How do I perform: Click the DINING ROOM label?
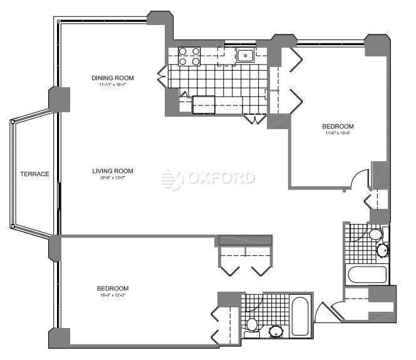click(x=113, y=78)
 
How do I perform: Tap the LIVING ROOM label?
click(x=113, y=171)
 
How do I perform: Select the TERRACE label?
click(x=34, y=174)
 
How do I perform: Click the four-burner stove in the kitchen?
click(x=189, y=56)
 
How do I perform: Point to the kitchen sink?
click(x=244, y=56)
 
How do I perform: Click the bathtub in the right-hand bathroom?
click(x=367, y=275)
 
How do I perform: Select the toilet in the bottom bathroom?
click(x=252, y=324)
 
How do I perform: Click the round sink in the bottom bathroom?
click(x=275, y=331)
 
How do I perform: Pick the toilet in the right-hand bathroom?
click(x=375, y=235)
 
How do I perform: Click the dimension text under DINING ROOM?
click(x=113, y=85)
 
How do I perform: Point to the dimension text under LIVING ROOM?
click(x=113, y=178)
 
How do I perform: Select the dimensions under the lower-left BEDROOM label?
click(x=113, y=295)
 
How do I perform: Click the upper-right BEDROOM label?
click(x=338, y=126)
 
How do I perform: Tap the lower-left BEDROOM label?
click(x=113, y=289)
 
